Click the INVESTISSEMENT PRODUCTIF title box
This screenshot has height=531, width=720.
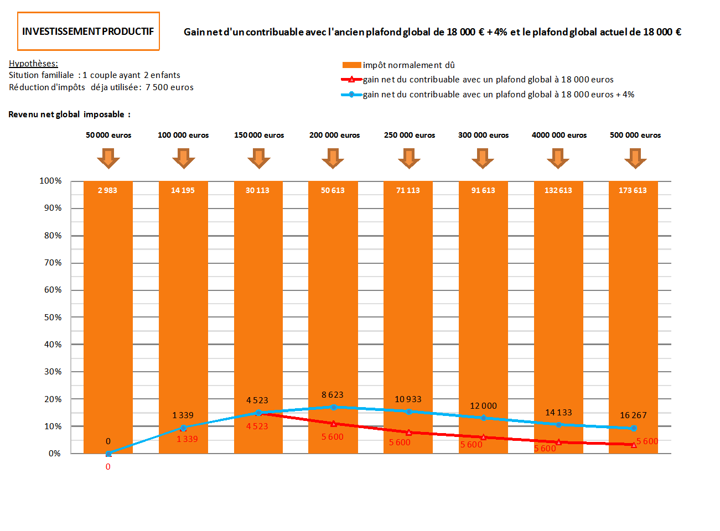click(x=89, y=32)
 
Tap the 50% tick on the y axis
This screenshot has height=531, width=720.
click(x=53, y=317)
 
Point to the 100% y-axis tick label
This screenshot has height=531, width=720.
click(x=51, y=181)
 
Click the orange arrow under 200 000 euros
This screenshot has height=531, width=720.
click(x=333, y=158)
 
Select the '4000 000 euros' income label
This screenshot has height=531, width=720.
click(x=559, y=135)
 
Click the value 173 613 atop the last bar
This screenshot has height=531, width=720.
click(x=633, y=190)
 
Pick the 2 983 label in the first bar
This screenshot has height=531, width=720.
click(x=107, y=190)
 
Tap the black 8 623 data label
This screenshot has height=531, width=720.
click(x=333, y=395)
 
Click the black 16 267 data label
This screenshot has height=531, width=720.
click(x=633, y=415)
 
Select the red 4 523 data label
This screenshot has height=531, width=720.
click(x=257, y=426)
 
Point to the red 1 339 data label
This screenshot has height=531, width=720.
click(x=187, y=439)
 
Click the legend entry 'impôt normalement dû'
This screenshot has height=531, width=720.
click(x=408, y=65)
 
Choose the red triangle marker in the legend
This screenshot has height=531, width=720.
click(x=351, y=80)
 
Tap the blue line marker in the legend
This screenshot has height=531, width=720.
click(x=351, y=95)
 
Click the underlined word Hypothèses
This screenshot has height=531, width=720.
click(x=33, y=64)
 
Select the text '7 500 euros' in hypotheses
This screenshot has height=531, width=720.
click(x=169, y=87)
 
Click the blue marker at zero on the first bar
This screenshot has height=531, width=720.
click(x=108, y=454)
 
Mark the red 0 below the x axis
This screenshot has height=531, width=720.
click(x=108, y=467)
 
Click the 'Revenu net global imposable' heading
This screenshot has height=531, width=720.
click(x=69, y=114)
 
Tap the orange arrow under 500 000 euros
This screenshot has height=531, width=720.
click(x=635, y=158)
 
